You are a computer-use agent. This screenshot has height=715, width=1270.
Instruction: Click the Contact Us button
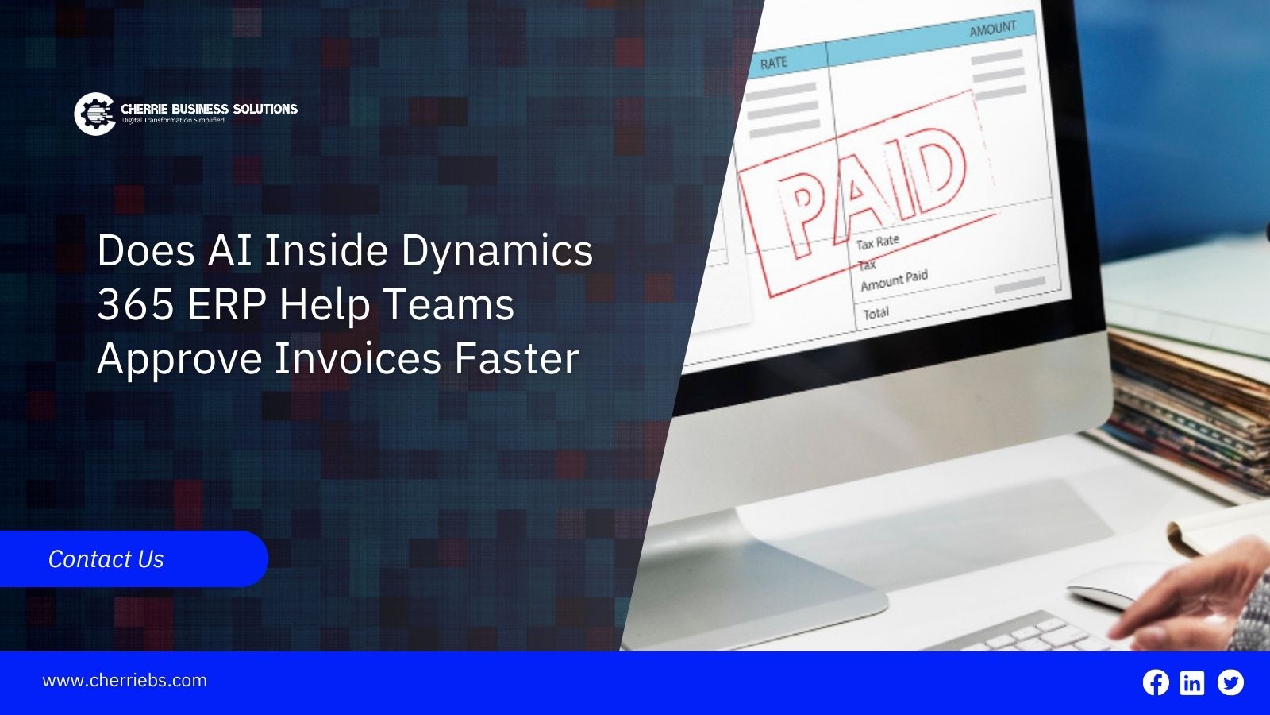[x=134, y=559]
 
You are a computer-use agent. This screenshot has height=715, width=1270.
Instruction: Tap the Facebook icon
[x=1156, y=682]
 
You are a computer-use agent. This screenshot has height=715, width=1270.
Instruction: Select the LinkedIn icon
[x=1192, y=682]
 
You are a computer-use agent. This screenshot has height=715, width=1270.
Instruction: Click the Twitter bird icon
[x=1230, y=682]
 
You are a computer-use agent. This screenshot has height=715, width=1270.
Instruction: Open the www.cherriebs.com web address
[x=125, y=680]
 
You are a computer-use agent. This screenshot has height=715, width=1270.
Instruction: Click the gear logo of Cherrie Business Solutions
[x=95, y=114]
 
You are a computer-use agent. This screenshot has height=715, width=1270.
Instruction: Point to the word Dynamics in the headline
[x=497, y=252]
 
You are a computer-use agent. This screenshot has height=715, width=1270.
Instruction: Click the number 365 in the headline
[x=136, y=305]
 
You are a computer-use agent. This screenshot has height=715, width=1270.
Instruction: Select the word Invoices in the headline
[x=358, y=358]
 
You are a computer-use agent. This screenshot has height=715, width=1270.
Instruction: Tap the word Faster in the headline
[x=517, y=358]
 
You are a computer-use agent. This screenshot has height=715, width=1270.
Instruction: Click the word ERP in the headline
[x=227, y=305]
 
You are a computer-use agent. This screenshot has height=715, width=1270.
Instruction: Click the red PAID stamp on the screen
[x=868, y=193]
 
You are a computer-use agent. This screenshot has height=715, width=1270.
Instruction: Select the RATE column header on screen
[x=773, y=63]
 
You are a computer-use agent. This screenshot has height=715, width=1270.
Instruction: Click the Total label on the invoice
[x=876, y=313]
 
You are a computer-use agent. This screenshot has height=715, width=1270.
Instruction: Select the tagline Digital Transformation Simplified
[x=174, y=120]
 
